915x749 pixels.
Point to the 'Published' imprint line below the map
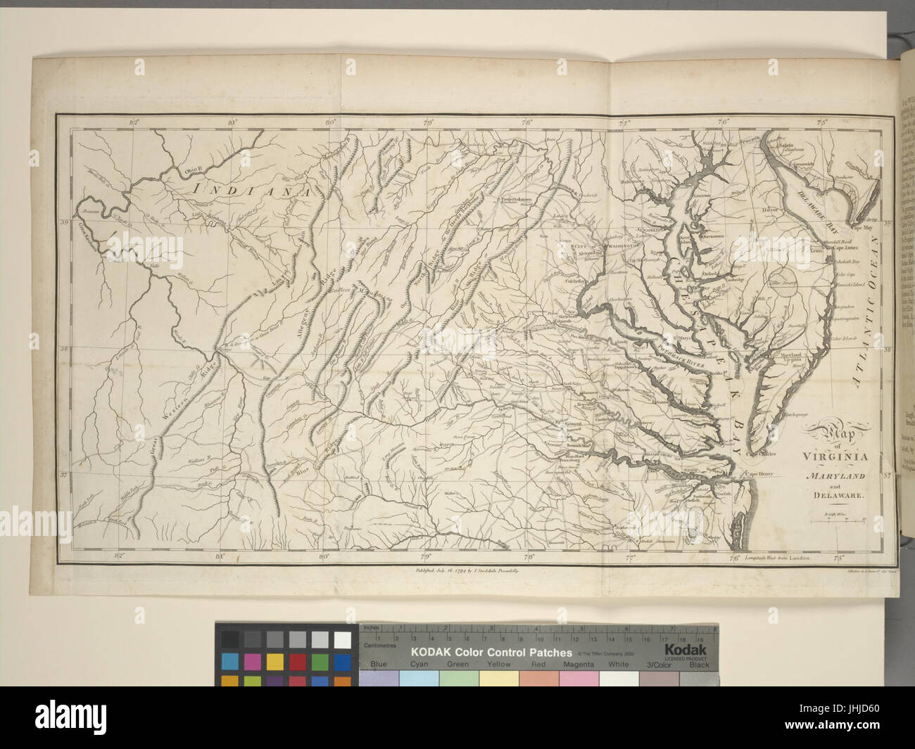point(467,573)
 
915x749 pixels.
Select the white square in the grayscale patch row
point(343,639)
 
